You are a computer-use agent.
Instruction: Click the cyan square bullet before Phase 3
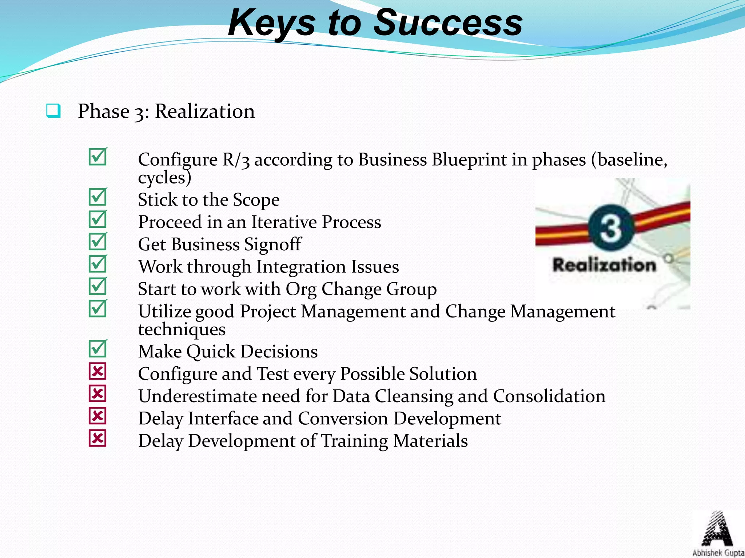53,111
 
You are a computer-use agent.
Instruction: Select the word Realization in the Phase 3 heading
205,111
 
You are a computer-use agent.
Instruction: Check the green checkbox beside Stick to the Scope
97,197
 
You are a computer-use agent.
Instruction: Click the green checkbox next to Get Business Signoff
97,242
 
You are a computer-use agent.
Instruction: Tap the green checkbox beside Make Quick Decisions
97,349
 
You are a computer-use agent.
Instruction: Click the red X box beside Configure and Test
97,371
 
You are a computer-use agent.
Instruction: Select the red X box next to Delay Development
97,438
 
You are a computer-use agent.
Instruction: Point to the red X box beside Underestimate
97,393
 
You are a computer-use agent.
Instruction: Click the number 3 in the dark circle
611,228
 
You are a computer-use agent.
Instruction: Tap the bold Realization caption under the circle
604,265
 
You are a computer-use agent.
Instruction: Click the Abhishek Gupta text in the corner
718,553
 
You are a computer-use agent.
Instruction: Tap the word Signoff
272,244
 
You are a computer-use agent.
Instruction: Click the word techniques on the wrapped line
182,329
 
